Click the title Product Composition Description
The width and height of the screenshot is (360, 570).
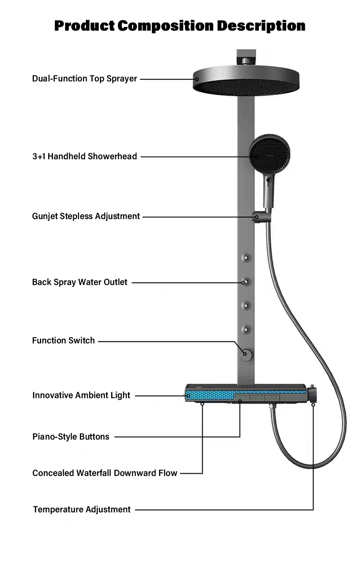180,26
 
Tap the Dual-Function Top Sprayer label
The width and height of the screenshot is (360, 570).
85,79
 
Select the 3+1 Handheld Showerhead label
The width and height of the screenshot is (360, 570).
85,156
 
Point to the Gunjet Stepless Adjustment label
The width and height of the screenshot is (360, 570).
86,216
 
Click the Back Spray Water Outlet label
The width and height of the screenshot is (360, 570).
80,282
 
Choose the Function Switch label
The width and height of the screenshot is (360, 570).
63,340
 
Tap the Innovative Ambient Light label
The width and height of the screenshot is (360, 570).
81,395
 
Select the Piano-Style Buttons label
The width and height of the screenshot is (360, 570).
71,437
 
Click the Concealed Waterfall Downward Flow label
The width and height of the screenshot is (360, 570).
105,473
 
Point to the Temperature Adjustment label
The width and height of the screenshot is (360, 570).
82,509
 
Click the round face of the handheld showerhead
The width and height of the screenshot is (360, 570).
269,154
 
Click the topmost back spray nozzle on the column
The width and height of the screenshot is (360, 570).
246,258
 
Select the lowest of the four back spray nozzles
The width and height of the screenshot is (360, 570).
246,329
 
